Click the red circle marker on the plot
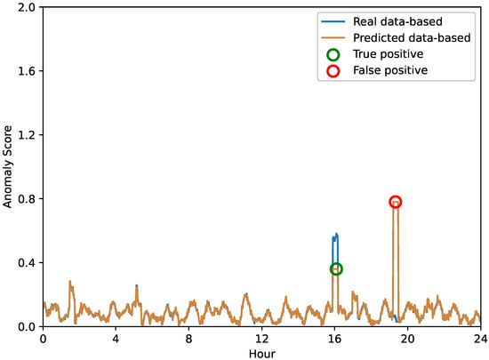pyautogui.click(x=395, y=203)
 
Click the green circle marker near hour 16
pyautogui.click(x=335, y=268)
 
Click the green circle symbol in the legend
pyautogui.click(x=333, y=53)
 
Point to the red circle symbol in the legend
pyautogui.click(x=333, y=70)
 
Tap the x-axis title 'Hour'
pyautogui.click(x=261, y=352)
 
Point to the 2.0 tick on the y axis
pyautogui.click(x=27, y=7)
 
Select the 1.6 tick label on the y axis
pyautogui.click(x=27, y=71)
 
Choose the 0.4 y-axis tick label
pyautogui.click(x=27, y=263)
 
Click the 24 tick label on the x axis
pyautogui.click(x=479, y=339)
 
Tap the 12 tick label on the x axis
pyautogui.click(x=261, y=339)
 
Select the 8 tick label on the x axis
pyautogui.click(x=188, y=339)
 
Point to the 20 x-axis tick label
pyautogui.click(x=406, y=339)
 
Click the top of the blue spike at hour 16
pyautogui.click(x=335, y=235)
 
